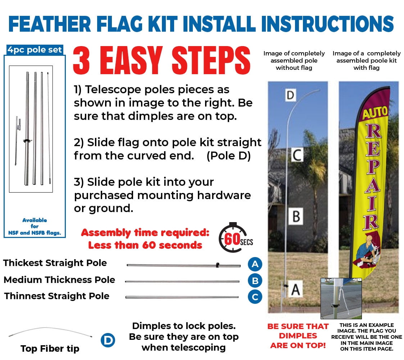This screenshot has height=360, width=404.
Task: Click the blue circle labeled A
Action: point(255,264)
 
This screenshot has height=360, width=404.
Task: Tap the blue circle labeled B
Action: point(255,280)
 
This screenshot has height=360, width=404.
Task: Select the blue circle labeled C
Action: point(255,297)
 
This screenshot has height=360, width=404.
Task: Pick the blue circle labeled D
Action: point(108,341)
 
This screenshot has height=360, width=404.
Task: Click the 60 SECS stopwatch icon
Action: point(236,238)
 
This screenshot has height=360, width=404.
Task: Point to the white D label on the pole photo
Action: point(290,95)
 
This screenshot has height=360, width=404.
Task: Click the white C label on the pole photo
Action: point(297,155)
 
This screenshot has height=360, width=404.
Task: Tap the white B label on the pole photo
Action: point(296,216)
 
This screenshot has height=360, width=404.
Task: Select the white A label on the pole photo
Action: point(295,289)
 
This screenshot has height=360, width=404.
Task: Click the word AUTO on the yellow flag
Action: point(375,113)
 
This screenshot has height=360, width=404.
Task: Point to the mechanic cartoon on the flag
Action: point(367,251)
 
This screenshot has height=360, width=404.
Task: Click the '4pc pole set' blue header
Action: point(35,50)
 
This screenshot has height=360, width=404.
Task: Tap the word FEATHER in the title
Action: point(50,24)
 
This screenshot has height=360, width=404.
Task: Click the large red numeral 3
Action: point(81,60)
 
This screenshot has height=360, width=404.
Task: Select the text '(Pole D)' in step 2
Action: point(228,156)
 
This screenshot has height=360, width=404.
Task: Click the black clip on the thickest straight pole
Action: point(217,265)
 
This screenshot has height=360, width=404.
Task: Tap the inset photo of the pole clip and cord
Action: point(341,299)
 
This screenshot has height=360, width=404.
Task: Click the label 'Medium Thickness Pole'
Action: point(59,280)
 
